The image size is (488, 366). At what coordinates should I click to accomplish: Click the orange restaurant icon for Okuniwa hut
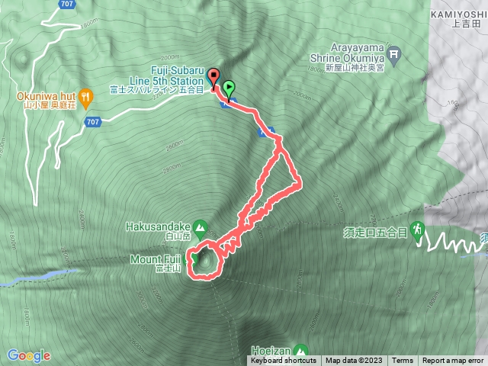86,97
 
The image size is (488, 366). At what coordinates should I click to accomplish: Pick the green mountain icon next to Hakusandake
200,226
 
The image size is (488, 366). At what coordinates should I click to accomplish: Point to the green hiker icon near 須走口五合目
417,228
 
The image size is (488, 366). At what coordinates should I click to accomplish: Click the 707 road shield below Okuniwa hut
92,122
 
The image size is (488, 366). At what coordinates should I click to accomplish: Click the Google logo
28,355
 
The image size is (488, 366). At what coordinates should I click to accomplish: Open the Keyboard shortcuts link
282,361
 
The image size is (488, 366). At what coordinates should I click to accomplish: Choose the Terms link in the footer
403,361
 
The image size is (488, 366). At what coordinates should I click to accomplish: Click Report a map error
453,361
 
